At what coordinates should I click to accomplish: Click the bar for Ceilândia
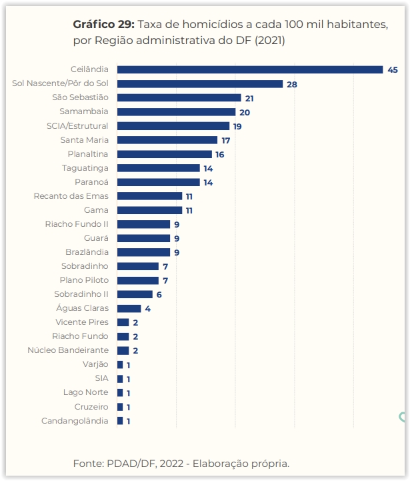(x=250, y=69)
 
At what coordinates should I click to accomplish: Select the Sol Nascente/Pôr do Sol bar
(x=200, y=84)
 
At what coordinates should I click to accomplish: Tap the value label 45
(x=393, y=69)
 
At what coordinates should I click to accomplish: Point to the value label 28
(x=291, y=84)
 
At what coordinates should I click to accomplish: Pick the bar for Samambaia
(x=176, y=112)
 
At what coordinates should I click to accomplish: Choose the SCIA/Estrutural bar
(x=173, y=126)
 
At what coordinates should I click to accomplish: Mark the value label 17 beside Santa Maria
(x=226, y=140)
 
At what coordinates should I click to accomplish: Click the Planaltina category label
(x=88, y=154)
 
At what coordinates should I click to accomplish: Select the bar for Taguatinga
(x=159, y=168)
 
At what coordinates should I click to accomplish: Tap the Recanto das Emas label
(x=71, y=196)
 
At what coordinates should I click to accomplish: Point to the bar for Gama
(x=149, y=210)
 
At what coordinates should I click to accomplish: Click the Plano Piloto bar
(x=138, y=280)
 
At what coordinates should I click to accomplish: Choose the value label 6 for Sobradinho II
(x=159, y=294)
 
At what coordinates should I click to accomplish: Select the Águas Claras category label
(x=83, y=308)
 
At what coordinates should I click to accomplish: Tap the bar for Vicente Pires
(x=123, y=322)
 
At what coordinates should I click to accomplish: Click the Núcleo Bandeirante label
(x=68, y=350)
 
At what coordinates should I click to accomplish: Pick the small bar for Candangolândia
(x=120, y=421)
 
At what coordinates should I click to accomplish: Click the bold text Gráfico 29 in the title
(x=104, y=25)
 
